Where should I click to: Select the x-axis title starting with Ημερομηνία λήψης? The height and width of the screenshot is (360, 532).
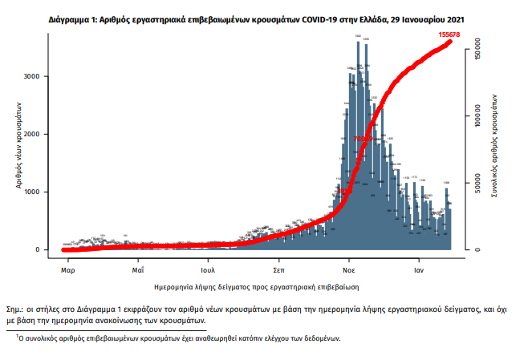(255, 285)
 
